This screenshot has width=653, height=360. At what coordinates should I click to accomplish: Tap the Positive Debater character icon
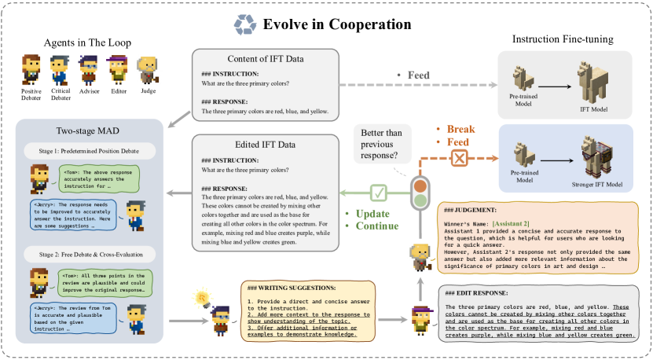coord(31,69)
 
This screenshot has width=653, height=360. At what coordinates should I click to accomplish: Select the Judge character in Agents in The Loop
coord(147,69)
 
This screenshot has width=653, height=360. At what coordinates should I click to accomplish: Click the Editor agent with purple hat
coord(118,69)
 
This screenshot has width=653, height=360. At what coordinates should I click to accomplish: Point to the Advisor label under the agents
coord(89,91)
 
